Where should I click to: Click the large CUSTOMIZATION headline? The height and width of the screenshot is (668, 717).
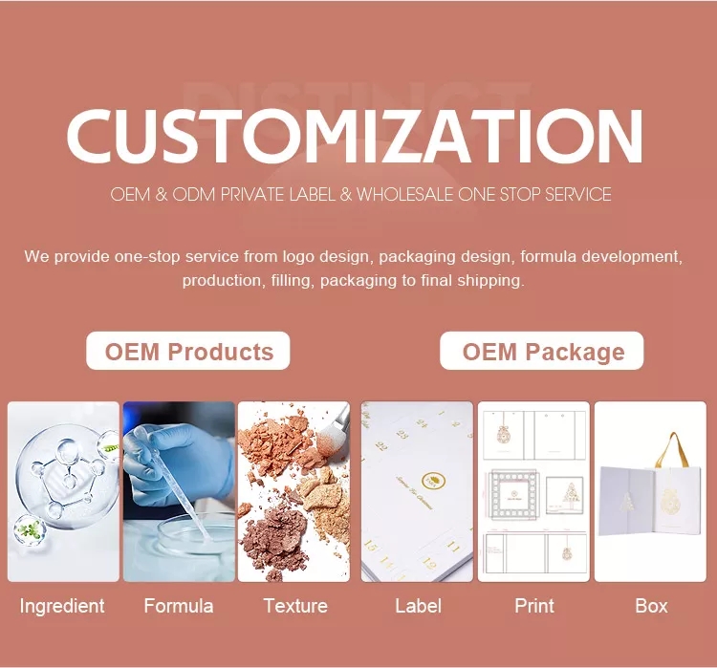pyautogui.click(x=355, y=136)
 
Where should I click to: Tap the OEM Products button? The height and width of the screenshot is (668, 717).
pyautogui.click(x=188, y=351)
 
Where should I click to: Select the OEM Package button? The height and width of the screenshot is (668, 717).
pyautogui.click(x=541, y=351)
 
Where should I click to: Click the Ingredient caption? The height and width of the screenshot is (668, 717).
pyautogui.click(x=62, y=606)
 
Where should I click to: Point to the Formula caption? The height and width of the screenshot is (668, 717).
pyautogui.click(x=179, y=606)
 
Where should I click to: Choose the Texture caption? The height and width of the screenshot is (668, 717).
pyautogui.click(x=295, y=606)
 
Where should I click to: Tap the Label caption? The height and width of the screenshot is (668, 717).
pyautogui.click(x=418, y=606)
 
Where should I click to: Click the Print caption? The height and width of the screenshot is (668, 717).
pyautogui.click(x=534, y=606)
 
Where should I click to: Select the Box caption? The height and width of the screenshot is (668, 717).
pyautogui.click(x=651, y=606)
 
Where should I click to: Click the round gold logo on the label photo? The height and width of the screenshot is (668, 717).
pyautogui.click(x=433, y=480)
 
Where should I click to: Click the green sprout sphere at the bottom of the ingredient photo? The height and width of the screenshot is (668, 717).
pyautogui.click(x=30, y=531)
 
